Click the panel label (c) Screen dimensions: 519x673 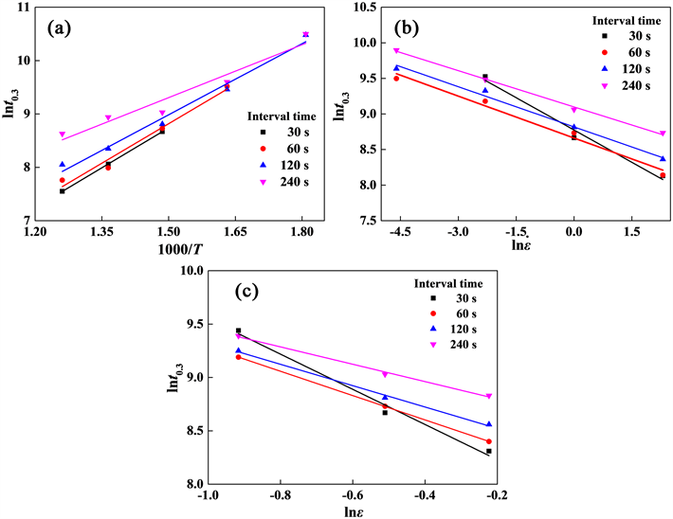pos(247,290)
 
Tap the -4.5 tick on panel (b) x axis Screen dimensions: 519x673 pos(396,232)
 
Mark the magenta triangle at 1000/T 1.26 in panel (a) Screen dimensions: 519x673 pos(63,134)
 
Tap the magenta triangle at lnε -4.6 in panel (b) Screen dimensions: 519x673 pos(396,51)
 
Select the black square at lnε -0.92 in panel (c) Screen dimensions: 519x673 pos(238,331)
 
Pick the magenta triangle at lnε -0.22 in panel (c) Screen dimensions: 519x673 pos(488,397)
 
